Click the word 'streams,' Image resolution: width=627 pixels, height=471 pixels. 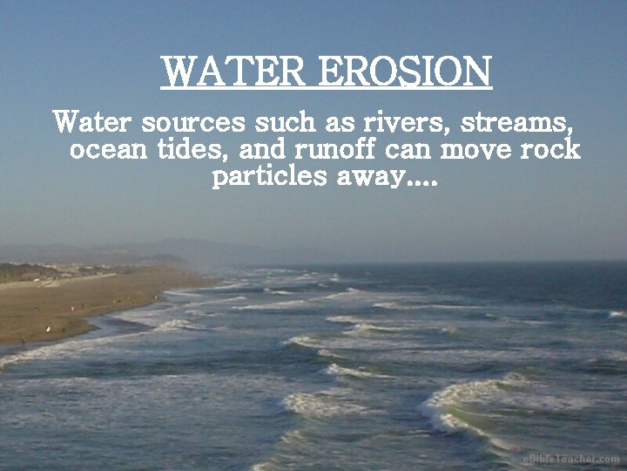[527, 120]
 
